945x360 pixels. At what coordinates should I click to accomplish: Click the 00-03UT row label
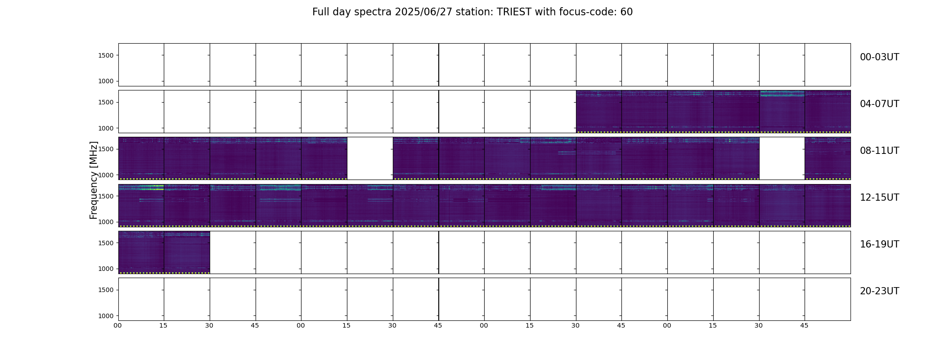879,57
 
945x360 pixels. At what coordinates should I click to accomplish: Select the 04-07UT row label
879,104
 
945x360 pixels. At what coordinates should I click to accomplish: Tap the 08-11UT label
879,151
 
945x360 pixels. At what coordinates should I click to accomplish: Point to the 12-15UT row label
879,198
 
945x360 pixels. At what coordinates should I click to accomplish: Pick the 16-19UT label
879,244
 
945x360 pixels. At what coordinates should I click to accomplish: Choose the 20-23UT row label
879,291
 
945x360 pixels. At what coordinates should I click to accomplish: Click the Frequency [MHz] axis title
94,180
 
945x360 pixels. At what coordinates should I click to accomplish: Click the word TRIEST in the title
513,12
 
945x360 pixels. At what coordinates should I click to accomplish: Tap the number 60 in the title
626,12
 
